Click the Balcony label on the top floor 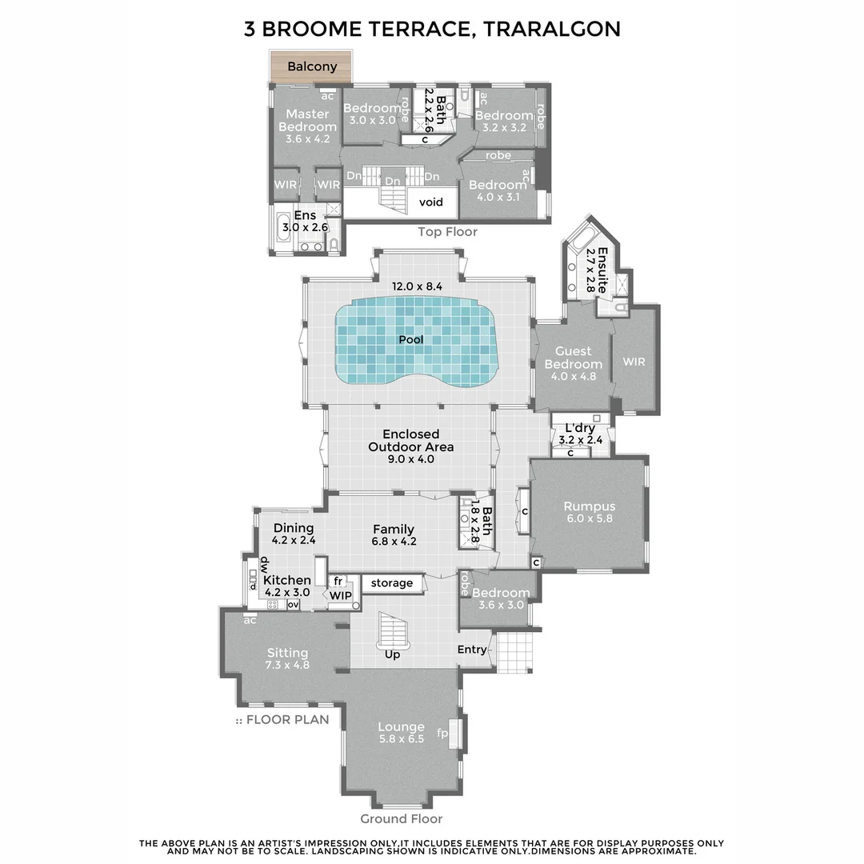312,66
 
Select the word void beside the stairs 431,202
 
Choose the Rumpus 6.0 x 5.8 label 589,512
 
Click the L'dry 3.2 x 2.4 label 580,434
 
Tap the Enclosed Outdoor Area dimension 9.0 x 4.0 410,459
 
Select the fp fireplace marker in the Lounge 442,732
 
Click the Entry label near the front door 471,649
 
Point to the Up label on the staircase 393,654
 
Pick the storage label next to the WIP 392,583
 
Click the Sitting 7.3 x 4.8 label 287,658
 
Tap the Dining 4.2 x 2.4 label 294,534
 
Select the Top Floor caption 447,232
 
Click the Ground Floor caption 401,818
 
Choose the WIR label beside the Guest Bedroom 634,362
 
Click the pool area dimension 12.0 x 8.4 416,286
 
